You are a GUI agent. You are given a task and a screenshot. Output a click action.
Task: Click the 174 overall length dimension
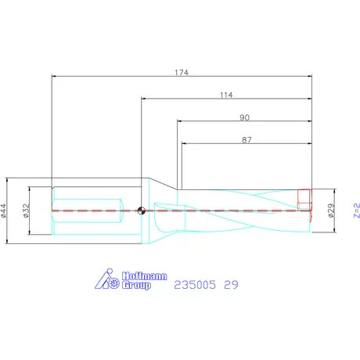coord(182,71)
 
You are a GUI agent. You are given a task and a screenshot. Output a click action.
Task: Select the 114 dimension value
coord(227,95)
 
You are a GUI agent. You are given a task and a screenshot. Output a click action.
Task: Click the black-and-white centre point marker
coord(141,210)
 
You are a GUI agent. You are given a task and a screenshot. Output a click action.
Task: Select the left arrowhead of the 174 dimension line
coord(53,77)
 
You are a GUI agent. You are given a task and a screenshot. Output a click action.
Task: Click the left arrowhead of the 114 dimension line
coord(143,99)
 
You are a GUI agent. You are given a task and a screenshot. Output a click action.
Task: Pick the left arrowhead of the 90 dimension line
coord(179,121)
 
